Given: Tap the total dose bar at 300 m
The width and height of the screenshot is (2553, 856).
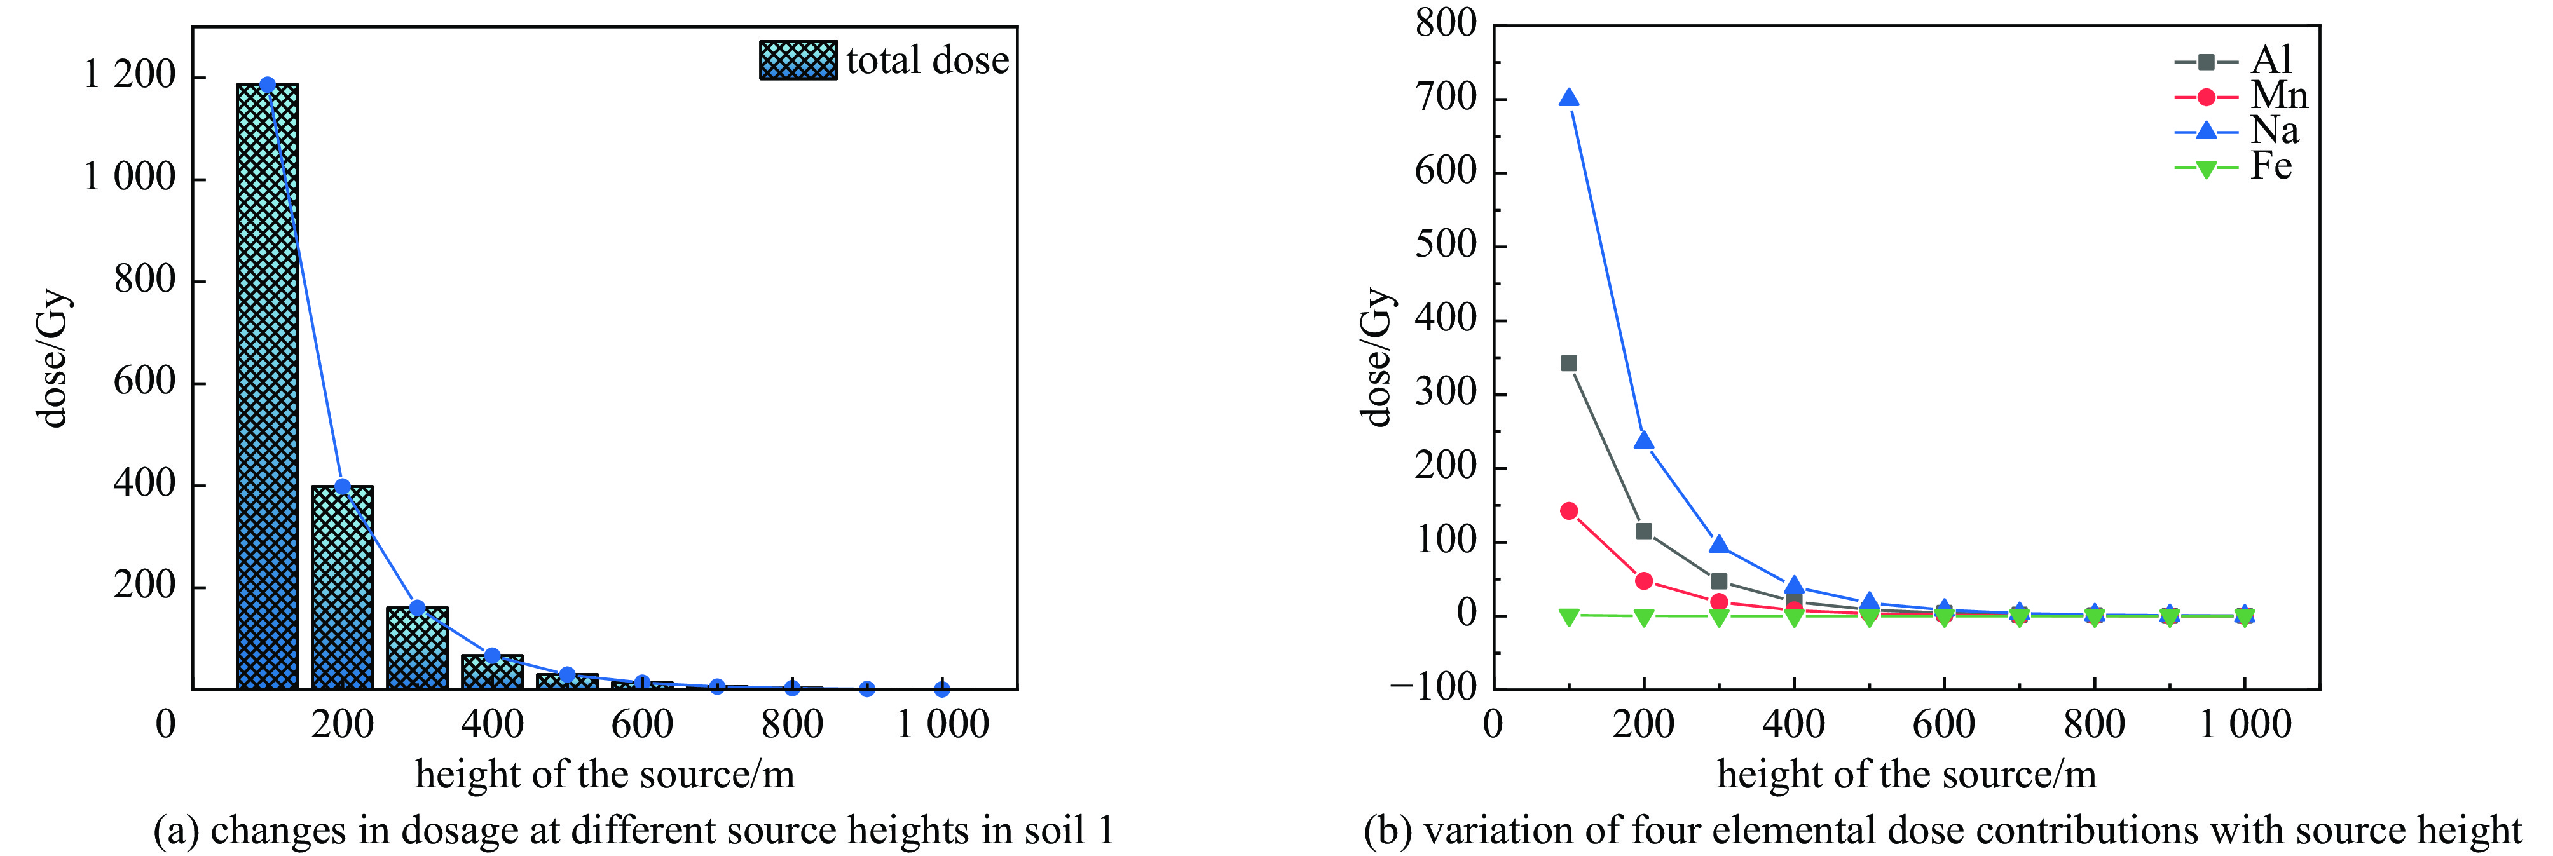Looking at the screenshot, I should (x=417, y=648).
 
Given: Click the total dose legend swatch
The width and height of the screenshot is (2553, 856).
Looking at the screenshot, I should (x=798, y=60).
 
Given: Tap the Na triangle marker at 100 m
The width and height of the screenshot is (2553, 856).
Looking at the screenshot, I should (x=1569, y=98).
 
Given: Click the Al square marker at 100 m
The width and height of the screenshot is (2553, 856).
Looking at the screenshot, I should (x=1569, y=363).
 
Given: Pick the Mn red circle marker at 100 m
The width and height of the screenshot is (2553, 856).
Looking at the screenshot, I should (x=1569, y=511).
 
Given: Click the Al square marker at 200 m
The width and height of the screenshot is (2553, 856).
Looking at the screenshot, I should (x=1644, y=531).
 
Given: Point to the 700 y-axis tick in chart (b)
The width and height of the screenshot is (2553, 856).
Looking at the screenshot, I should (x=1446, y=98).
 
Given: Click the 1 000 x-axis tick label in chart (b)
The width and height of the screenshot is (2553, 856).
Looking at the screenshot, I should (x=2245, y=724).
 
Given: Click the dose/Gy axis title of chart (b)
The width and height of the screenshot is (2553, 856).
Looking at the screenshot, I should (x=1378, y=357).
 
